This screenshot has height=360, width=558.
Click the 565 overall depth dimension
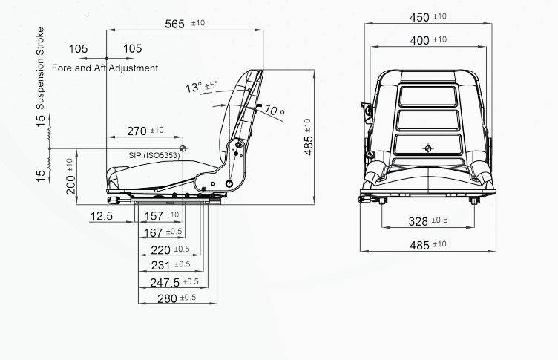(x=174, y=24)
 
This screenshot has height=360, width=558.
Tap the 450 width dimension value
(x=419, y=18)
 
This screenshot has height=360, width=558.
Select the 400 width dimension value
(x=419, y=41)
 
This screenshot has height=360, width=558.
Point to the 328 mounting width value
(x=418, y=221)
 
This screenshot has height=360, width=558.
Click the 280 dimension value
(x=167, y=298)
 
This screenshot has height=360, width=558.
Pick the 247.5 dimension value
(x=165, y=282)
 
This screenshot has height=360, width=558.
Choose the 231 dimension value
(x=160, y=265)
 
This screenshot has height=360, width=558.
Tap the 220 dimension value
(x=160, y=250)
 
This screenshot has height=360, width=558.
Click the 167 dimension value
(x=153, y=233)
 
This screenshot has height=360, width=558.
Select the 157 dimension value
(x=154, y=216)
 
